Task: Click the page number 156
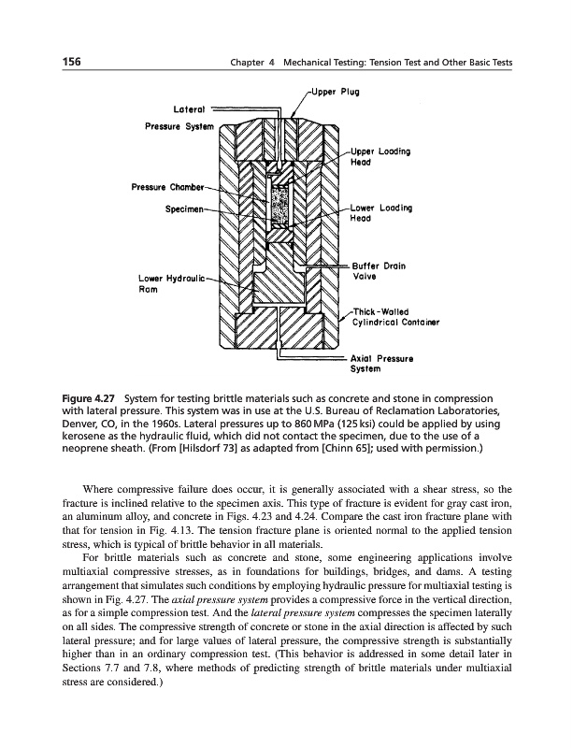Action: (64, 62)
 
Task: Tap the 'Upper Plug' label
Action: (334, 92)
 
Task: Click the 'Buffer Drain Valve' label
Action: (376, 270)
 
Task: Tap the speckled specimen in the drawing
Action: (279, 207)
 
